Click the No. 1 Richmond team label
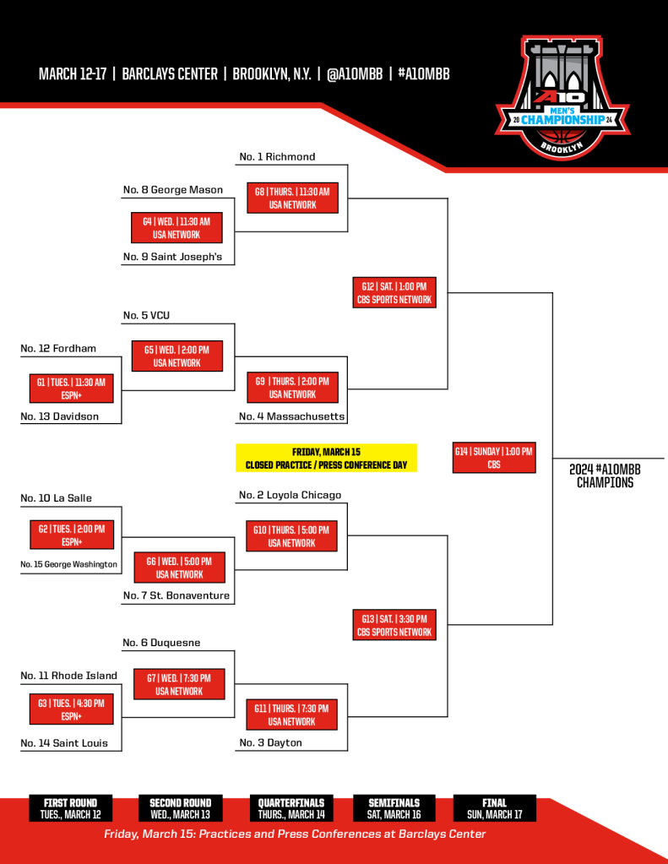(x=277, y=156)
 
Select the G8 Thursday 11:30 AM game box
(x=292, y=198)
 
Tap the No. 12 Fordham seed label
(x=58, y=348)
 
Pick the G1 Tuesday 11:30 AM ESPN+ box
(x=72, y=389)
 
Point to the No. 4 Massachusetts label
(x=292, y=416)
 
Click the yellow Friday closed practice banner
(x=326, y=458)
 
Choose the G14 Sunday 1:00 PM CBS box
(x=494, y=458)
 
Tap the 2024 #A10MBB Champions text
(x=606, y=476)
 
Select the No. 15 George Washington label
(x=69, y=564)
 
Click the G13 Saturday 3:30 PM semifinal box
(x=394, y=625)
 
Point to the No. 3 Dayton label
(x=270, y=742)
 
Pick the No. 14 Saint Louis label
(x=64, y=742)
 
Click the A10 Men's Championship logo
(x=562, y=98)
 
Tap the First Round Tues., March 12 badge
(x=71, y=808)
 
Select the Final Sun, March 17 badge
(x=494, y=808)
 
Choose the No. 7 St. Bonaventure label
(x=177, y=595)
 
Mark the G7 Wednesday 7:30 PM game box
(x=179, y=684)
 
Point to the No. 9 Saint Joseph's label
(x=172, y=257)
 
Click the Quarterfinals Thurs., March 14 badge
(x=291, y=808)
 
